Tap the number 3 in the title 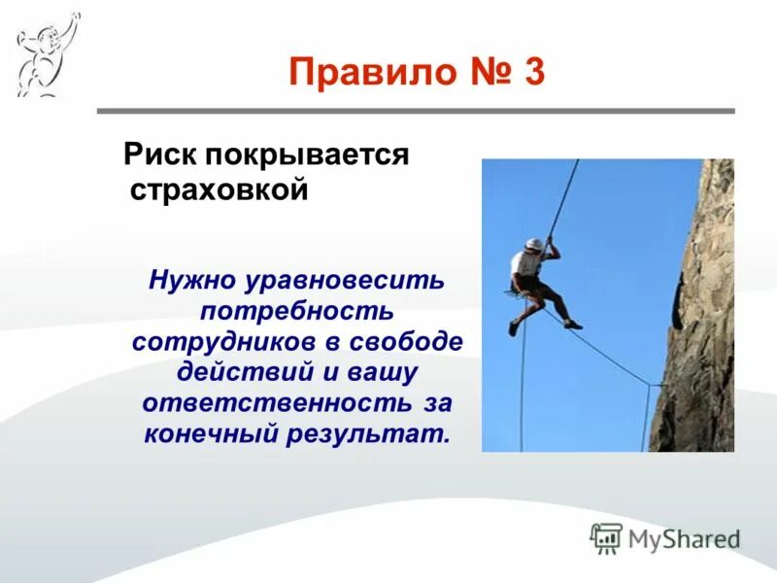coord(533,73)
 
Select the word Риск coord(157,155)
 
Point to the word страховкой coord(219,189)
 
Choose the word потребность coord(296,312)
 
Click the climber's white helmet coord(533,244)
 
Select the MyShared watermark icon coord(606,537)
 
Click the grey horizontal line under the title coord(416,111)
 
